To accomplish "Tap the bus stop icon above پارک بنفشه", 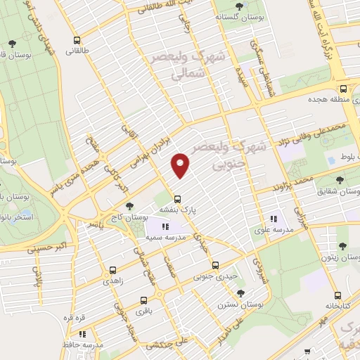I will pos(177,198).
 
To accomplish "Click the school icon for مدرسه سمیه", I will pos(165,226).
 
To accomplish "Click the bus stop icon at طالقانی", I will pos(76,40).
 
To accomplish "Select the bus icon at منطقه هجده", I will pos(343,89).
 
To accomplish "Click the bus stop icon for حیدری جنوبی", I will pos(215,266).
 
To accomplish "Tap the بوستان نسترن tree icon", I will pos(240,292).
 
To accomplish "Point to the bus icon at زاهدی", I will pos(112,269).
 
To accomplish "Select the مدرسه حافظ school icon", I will pos(82,335).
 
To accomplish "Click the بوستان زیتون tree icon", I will pos(342,246).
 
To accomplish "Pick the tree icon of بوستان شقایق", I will pos(343,180).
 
